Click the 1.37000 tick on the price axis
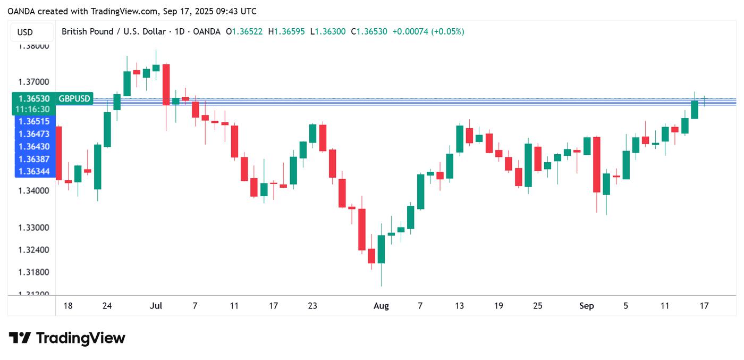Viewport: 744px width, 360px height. pyautogui.click(x=33, y=82)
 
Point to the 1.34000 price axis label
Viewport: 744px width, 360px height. pyautogui.click(x=33, y=190)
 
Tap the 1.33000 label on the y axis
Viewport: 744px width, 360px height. pyautogui.click(x=33, y=228)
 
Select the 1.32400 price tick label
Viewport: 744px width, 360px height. pyautogui.click(x=33, y=250)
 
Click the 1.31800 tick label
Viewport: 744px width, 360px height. pyautogui.click(x=33, y=272)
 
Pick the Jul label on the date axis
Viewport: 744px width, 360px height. pyautogui.click(x=156, y=306)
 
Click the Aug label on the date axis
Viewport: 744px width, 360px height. pyautogui.click(x=381, y=306)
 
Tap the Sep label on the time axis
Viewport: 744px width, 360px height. pyautogui.click(x=586, y=306)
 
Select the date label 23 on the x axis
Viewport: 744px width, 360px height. pyautogui.click(x=312, y=306)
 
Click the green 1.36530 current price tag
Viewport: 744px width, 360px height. pyautogui.click(x=33, y=99)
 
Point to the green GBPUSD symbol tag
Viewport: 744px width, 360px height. pyautogui.click(x=74, y=99)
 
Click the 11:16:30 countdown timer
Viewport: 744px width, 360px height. pyautogui.click(x=33, y=109)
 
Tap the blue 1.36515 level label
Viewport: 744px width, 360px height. pyautogui.click(x=33, y=121)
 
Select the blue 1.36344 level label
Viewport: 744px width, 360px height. pyautogui.click(x=33, y=171)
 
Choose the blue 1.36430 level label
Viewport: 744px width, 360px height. pyautogui.click(x=33, y=146)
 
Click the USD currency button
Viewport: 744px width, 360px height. pyautogui.click(x=25, y=32)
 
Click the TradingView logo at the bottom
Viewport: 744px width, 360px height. pyautogui.click(x=67, y=338)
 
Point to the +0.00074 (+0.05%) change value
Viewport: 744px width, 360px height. pyautogui.click(x=428, y=31)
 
